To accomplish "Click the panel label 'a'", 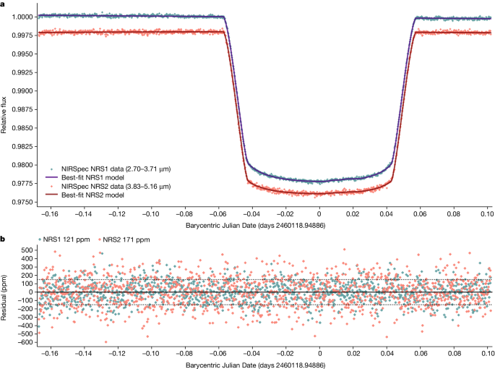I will pyautogui.click(x=4, y=4).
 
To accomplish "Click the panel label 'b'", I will pyautogui.click(x=4, y=239).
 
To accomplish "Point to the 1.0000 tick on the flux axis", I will pyautogui.click(x=20, y=16).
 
